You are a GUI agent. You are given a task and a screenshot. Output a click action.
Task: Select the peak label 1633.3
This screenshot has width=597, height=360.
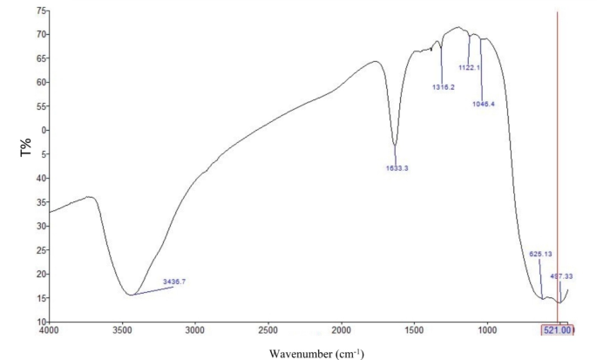point(397,168)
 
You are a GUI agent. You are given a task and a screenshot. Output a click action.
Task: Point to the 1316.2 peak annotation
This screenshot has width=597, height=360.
point(444,87)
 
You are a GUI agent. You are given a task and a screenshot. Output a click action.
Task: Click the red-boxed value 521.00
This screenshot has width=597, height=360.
point(558,330)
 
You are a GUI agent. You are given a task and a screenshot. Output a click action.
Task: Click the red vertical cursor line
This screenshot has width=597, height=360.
point(557,174)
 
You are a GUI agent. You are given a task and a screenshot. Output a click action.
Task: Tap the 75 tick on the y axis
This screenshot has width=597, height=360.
point(40,10)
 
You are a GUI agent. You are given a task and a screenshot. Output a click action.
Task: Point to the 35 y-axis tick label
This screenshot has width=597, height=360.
point(40,202)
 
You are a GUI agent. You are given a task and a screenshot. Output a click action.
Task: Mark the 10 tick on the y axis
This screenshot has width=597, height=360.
point(40,322)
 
